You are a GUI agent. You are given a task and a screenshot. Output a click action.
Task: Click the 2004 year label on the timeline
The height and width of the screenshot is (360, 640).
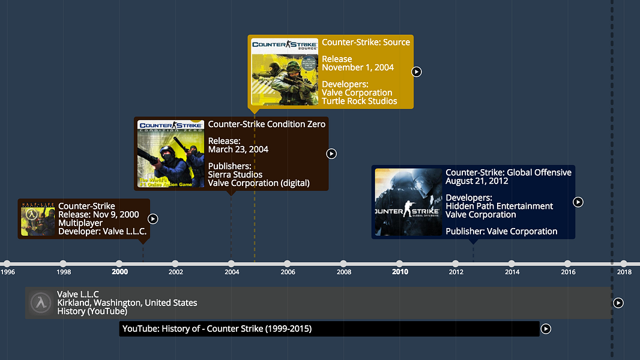coord(232,272)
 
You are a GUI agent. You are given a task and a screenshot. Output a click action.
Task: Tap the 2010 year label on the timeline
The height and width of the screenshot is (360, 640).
coord(400,272)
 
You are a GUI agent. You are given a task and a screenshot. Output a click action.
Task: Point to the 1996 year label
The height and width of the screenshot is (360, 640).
coord(8,272)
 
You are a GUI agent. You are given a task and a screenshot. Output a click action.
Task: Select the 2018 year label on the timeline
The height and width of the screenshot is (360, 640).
coord(624,272)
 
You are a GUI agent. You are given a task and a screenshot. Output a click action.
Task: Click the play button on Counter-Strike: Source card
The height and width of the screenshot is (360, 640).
coord(416,72)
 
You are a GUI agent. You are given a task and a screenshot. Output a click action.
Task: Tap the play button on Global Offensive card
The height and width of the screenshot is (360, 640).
coord(578,202)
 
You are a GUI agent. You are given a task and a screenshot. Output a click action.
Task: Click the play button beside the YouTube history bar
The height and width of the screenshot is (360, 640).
coord(546,329)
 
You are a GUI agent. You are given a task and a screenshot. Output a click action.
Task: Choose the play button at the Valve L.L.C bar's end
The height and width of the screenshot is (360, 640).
coord(618,303)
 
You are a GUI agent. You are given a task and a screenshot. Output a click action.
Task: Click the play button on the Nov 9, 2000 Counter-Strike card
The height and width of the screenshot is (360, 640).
coord(153,219)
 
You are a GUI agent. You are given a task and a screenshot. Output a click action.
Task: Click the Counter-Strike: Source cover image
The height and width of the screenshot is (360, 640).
coord(285,72)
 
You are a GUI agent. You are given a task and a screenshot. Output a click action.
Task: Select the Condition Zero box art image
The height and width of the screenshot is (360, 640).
coord(171,154)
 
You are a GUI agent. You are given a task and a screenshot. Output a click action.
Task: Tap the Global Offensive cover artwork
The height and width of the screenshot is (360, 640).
coord(408,202)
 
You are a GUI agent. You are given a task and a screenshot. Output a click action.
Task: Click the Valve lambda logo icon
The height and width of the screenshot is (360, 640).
coord(41,303)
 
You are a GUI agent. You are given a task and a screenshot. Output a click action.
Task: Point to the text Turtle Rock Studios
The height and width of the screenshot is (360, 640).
coord(359,101)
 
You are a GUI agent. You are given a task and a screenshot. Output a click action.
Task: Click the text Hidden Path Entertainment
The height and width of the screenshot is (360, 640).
coord(499,206)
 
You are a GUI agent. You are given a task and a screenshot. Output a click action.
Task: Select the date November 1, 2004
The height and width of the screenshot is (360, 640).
coord(358,68)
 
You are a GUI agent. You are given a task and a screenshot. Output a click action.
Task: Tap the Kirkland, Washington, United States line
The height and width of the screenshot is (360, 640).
coord(127,303)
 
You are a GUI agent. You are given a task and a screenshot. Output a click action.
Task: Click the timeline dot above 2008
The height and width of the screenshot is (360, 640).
coord(343,263)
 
